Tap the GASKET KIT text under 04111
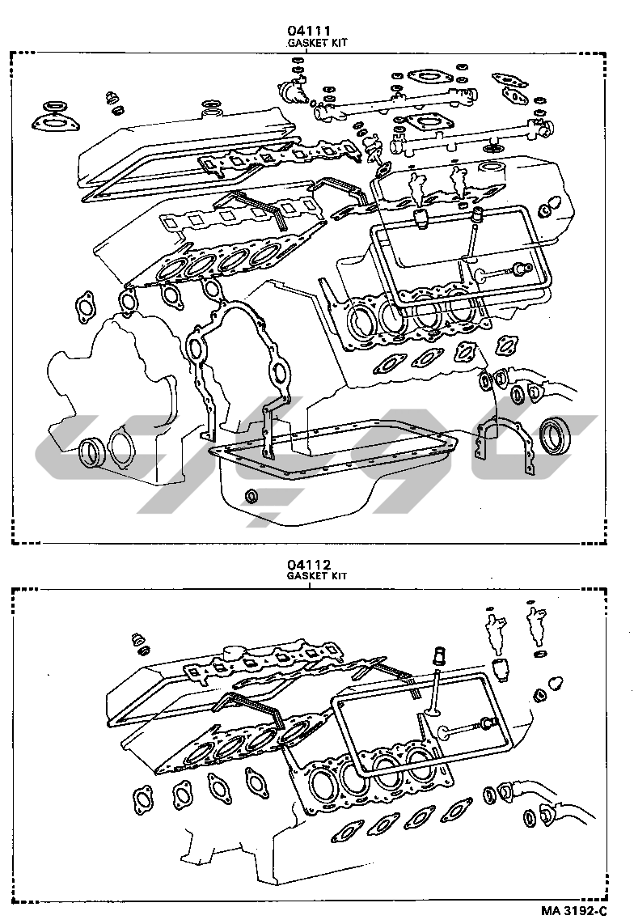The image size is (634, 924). (318, 42)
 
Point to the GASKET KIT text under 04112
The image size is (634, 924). (318, 575)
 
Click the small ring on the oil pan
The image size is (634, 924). (252, 495)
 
